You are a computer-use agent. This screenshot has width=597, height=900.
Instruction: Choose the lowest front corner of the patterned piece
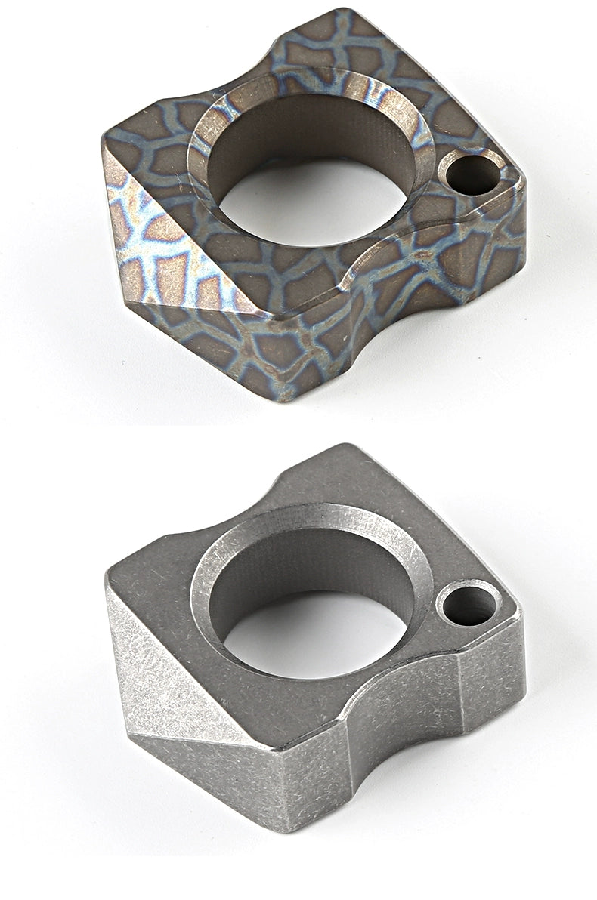click(x=291, y=396)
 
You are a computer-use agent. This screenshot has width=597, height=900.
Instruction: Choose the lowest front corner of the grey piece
click(x=291, y=827)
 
